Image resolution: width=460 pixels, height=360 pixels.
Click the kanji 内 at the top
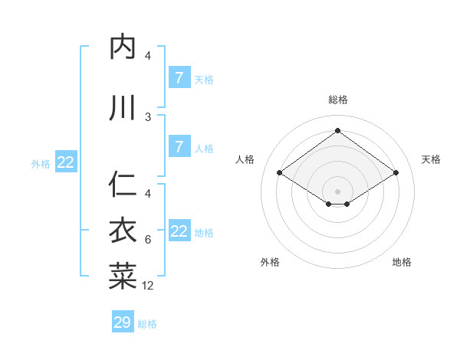click(123, 48)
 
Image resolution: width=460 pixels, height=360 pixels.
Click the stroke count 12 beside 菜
click(148, 286)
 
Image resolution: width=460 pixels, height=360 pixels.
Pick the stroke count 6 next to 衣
click(148, 240)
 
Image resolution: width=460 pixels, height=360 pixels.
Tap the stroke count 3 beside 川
click(148, 116)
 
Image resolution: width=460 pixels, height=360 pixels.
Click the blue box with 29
click(123, 322)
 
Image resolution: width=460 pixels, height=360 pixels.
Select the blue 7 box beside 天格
click(179, 77)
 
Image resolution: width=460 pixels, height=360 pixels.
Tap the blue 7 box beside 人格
click(179, 147)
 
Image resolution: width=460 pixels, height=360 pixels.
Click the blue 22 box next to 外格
click(66, 162)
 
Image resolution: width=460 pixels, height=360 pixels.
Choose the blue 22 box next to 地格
click(179, 231)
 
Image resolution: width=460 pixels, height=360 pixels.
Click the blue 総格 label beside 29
click(147, 324)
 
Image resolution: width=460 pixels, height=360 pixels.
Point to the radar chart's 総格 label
click(337, 100)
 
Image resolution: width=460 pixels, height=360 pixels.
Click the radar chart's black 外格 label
click(270, 262)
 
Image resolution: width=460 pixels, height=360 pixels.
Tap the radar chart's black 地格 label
click(402, 262)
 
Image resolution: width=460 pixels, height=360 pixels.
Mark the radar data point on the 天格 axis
click(396, 173)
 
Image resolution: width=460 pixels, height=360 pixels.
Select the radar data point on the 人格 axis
click(279, 173)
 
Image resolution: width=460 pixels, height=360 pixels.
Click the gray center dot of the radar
click(337, 191)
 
